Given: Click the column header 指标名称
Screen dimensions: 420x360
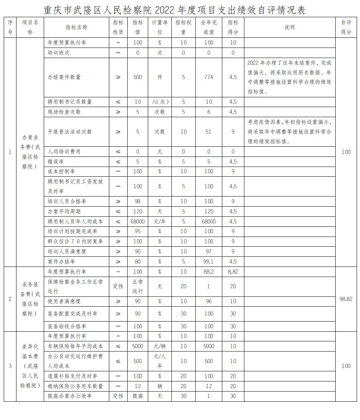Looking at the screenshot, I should [x=76, y=27].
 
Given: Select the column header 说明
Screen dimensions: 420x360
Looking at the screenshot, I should [x=290, y=27].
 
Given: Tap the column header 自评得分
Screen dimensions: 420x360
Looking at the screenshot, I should [x=346, y=27].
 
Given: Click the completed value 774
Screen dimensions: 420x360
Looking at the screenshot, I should [x=209, y=77].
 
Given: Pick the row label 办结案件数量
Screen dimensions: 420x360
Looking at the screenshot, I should [x=64, y=77].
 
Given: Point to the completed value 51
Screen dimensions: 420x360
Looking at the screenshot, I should [x=208, y=132].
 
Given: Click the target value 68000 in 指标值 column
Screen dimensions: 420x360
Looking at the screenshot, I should [x=138, y=222].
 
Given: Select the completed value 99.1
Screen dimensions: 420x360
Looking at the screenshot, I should [x=209, y=262].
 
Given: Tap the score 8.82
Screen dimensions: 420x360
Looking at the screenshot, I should [x=233, y=272].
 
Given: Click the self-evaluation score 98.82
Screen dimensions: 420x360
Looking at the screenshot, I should [x=346, y=299].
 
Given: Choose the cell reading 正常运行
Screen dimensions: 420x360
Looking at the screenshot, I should [x=138, y=286].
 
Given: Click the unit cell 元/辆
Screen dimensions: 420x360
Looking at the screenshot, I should [x=159, y=346].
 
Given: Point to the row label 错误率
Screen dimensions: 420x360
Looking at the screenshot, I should [x=56, y=162].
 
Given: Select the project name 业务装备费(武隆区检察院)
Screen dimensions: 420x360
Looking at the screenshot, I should [x=30, y=299].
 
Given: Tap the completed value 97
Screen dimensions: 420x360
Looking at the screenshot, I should [x=209, y=252].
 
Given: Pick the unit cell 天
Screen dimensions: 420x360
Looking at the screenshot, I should [x=159, y=211].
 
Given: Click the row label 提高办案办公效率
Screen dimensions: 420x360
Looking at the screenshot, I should [x=70, y=396].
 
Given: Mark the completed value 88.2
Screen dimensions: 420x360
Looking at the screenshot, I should [x=209, y=272].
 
